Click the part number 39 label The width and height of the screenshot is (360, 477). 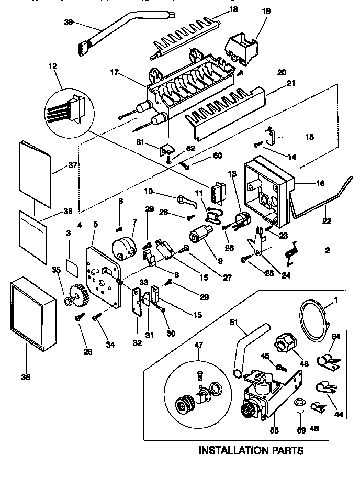tap(68, 22)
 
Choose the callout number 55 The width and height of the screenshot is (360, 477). tap(274, 431)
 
